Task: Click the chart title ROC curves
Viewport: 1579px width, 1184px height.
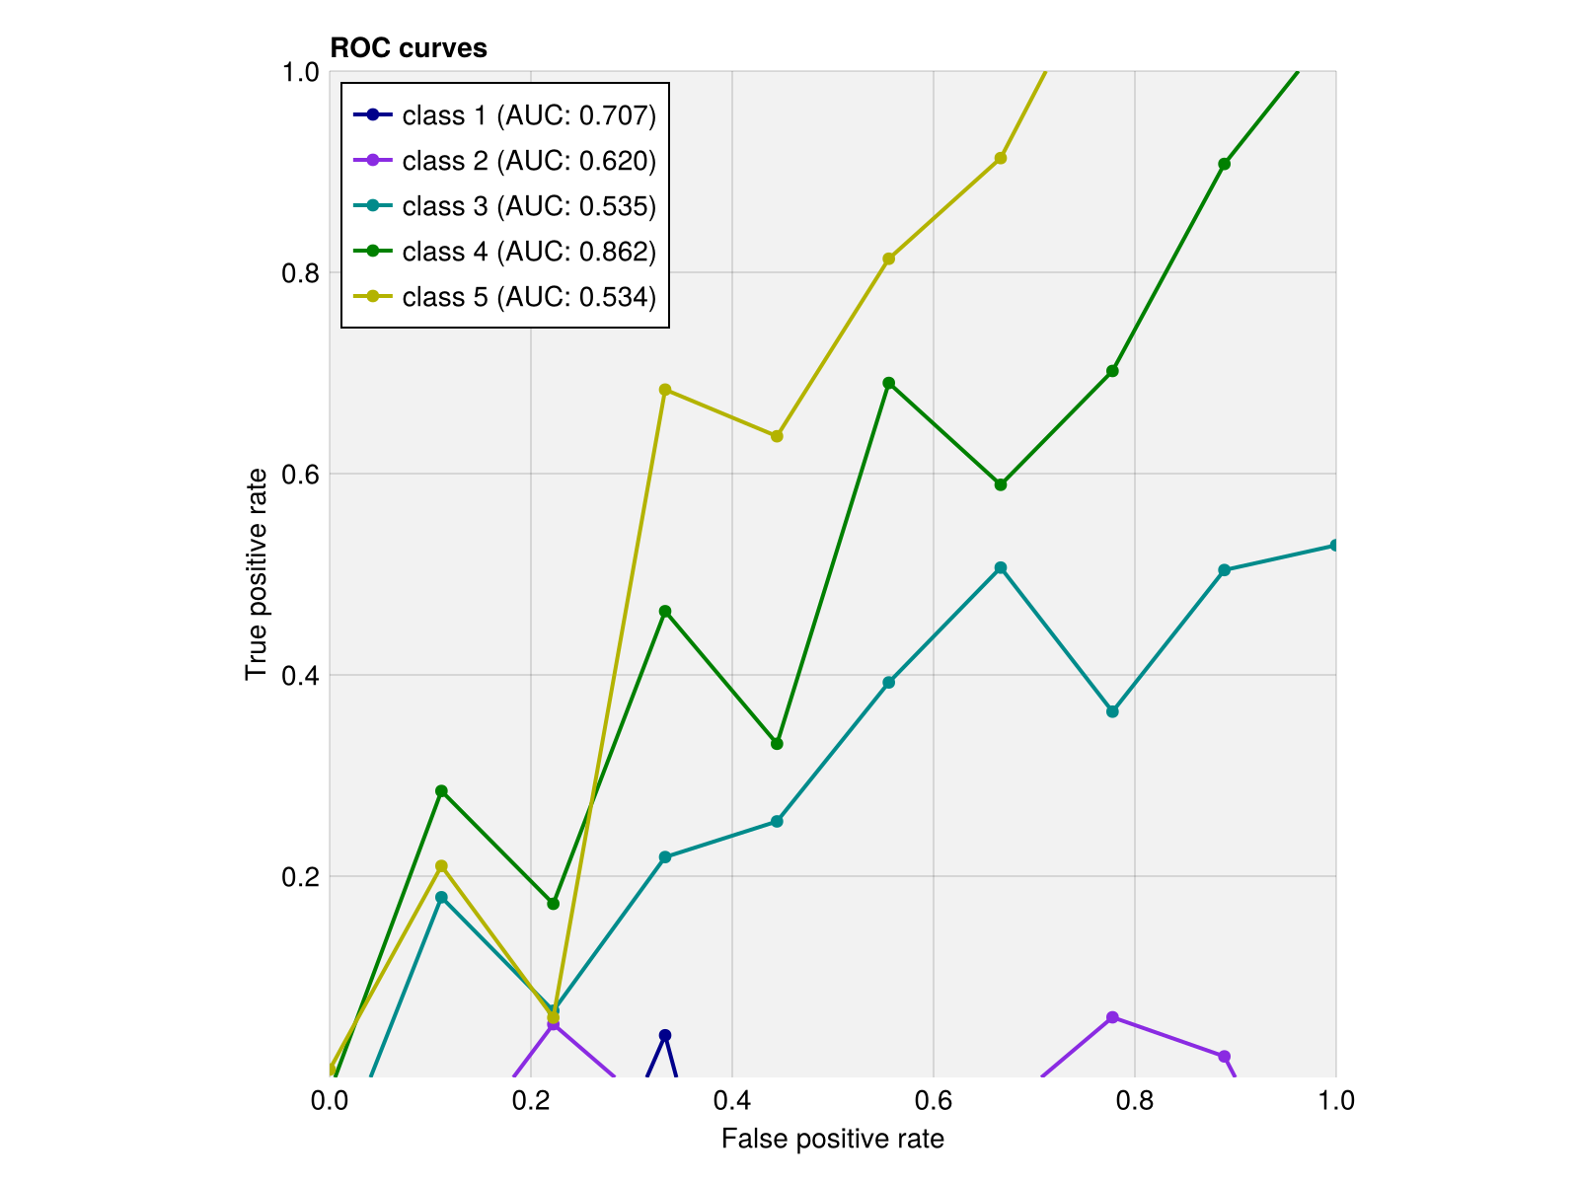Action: pyautogui.click(x=408, y=48)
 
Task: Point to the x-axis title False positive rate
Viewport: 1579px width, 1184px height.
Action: pyautogui.click(x=832, y=1140)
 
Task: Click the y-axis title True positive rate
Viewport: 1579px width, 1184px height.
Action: pyautogui.click(x=257, y=573)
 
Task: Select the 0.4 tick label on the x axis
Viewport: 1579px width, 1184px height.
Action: pyautogui.click(x=731, y=1101)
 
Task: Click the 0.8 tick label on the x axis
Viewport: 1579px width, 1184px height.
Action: pyautogui.click(x=1134, y=1101)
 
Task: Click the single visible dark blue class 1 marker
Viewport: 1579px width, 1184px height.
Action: pyautogui.click(x=665, y=1035)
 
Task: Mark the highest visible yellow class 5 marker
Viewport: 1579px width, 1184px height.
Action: pyautogui.click(x=1001, y=158)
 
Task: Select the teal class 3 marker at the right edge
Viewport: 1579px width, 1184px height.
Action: pyautogui.click(x=1335, y=546)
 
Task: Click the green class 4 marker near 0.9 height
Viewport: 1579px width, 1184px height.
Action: pyautogui.click(x=1224, y=164)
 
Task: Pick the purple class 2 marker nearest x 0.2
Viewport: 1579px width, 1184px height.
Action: pyautogui.click(x=554, y=1024)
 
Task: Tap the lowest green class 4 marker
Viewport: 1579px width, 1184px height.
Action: pyautogui.click(x=554, y=904)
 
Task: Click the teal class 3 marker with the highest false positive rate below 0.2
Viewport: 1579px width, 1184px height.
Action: pyautogui.click(x=441, y=898)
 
